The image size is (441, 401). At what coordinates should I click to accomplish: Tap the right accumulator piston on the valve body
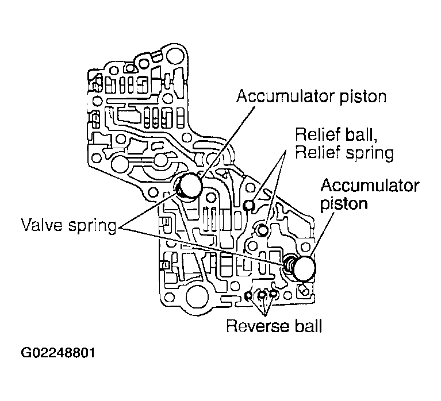click(x=305, y=267)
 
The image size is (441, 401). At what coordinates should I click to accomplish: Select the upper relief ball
click(x=249, y=205)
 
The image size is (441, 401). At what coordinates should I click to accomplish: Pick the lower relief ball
click(x=262, y=230)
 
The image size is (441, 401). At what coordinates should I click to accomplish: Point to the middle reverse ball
click(x=262, y=295)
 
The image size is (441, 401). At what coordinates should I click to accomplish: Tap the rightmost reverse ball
click(x=274, y=294)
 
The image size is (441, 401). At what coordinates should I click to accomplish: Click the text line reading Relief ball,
click(x=332, y=135)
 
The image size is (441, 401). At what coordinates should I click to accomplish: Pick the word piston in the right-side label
click(x=344, y=204)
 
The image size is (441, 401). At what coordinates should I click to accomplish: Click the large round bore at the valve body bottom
click(x=195, y=298)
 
